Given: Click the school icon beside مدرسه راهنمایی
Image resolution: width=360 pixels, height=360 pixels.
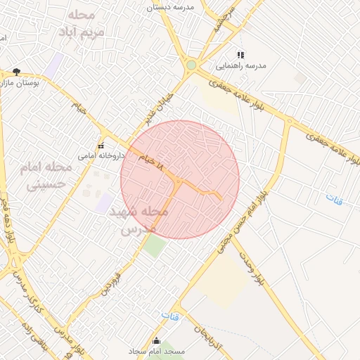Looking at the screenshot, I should coord(240,55).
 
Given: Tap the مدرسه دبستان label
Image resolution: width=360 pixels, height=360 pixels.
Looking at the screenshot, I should coord(169,7).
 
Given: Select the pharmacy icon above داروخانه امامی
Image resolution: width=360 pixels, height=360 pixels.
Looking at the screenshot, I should coord(101,146).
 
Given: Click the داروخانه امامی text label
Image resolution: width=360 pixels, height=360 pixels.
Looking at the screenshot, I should coord(101,155).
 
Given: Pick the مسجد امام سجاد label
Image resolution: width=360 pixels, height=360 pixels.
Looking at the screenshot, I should coord(156,350).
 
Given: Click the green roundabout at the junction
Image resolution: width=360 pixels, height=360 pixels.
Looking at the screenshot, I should coord(191,65).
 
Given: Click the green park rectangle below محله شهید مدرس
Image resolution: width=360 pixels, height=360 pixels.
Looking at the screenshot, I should coord(155,245).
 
